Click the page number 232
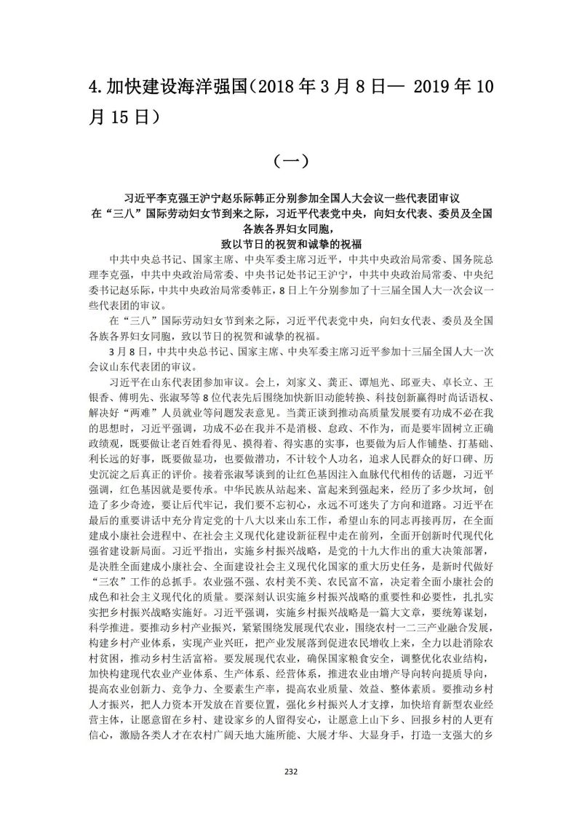point(290,772)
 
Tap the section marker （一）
point(290,160)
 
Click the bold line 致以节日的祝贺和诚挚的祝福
point(290,243)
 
